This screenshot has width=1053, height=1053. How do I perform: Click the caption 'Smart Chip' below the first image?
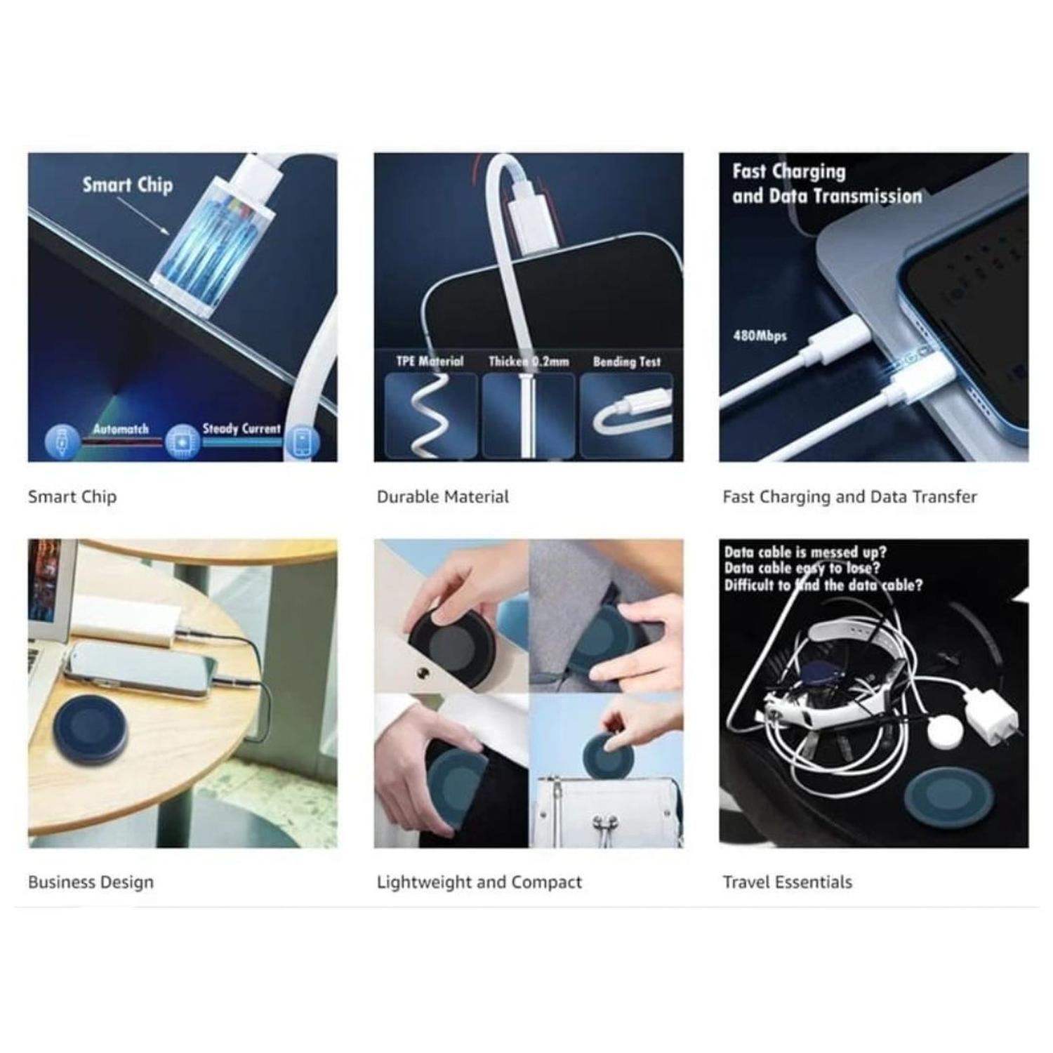pyautogui.click(x=72, y=497)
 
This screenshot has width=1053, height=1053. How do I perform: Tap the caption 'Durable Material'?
pyautogui.click(x=442, y=497)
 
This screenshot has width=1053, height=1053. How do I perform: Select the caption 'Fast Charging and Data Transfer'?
pyautogui.click(x=849, y=497)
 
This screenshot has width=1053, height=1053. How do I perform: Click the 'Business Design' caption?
pyautogui.click(x=91, y=882)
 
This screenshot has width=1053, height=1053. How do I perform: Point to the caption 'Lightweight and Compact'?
pyautogui.click(x=479, y=882)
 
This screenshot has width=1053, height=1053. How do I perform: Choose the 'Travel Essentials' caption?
pyautogui.click(x=788, y=882)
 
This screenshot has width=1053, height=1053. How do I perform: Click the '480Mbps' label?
pyautogui.click(x=760, y=336)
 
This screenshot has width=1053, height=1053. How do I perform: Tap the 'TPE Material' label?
pyautogui.click(x=430, y=362)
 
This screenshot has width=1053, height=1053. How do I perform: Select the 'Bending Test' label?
pyautogui.click(x=627, y=362)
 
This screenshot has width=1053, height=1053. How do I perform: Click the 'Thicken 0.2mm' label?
pyautogui.click(x=529, y=362)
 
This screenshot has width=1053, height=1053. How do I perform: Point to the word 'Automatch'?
pyautogui.click(x=121, y=429)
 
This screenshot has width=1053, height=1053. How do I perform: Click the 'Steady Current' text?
pyautogui.click(x=241, y=428)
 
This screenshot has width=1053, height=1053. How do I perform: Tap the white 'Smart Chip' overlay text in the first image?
pyautogui.click(x=127, y=185)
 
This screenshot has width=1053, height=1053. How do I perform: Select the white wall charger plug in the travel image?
pyautogui.click(x=991, y=716)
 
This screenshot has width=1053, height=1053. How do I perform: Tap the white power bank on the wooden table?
pyautogui.click(x=122, y=620)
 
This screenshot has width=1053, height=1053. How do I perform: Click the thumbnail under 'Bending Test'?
pyautogui.click(x=626, y=416)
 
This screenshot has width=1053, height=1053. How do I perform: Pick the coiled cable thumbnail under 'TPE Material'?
pyautogui.click(x=431, y=416)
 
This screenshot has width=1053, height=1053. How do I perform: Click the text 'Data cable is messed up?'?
pyautogui.click(x=805, y=552)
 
